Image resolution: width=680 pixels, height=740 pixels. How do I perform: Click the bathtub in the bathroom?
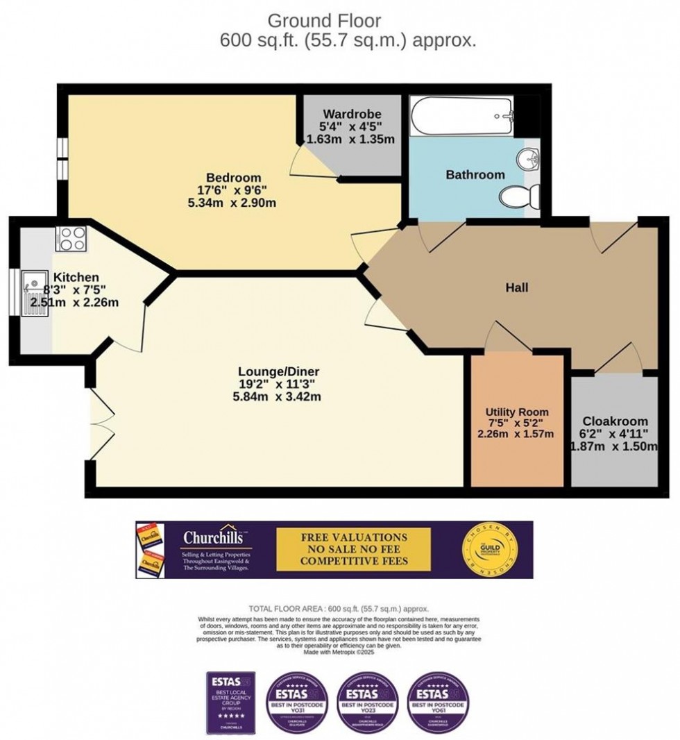[x=461, y=117]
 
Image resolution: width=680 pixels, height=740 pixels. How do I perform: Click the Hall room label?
[x=517, y=287]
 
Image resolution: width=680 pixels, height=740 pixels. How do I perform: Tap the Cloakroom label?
[x=615, y=421]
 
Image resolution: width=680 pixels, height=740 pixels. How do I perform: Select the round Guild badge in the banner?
[x=491, y=548]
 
